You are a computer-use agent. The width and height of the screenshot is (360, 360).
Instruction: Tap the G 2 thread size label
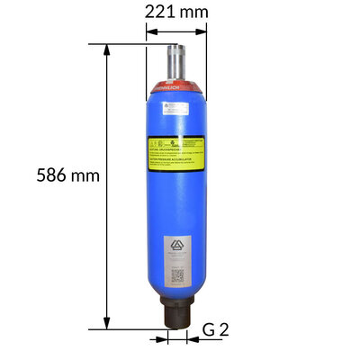point(215,329)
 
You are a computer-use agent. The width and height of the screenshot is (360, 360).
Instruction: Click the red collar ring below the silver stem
point(175,90)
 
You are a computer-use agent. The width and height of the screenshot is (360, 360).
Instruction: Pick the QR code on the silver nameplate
point(176,274)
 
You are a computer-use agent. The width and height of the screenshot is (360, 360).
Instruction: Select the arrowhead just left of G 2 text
point(191,339)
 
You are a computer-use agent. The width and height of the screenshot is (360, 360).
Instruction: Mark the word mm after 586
point(85,175)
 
